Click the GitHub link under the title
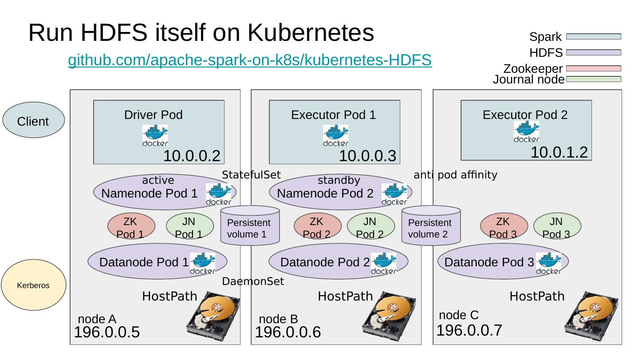249,60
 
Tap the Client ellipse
33,120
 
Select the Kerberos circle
33,285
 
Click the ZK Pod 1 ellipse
131,226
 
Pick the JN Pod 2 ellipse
370,226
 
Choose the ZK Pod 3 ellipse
504,226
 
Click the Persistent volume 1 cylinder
250,226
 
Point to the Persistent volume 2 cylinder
430,226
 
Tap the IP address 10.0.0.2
192,156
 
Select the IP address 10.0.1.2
559,153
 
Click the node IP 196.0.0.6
288,332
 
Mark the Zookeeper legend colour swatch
593,69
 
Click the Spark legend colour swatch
593,37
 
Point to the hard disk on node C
592,313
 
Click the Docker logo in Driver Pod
155,135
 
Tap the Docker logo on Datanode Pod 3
548,263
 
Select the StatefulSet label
251,175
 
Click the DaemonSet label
252,281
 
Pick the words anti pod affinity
455,175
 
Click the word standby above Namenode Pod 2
339,181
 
